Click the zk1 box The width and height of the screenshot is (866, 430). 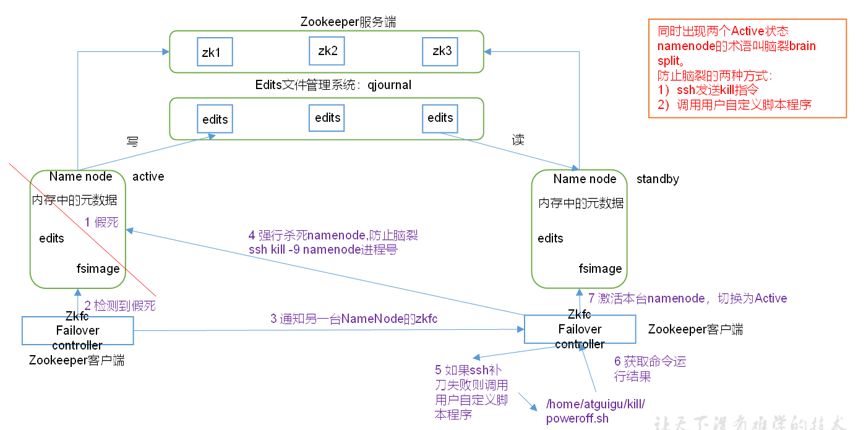[214, 52]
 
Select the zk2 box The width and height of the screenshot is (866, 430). [327, 51]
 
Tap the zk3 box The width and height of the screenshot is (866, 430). [440, 51]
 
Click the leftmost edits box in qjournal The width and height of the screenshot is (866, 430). [215, 119]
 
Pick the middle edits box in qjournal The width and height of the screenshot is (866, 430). [327, 117]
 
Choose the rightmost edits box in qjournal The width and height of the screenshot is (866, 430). [440, 118]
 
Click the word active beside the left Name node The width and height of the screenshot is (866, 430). [148, 176]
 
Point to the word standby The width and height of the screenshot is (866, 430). [658, 179]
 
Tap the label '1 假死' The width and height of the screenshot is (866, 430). [101, 222]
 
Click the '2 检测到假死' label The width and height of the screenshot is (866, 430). [120, 304]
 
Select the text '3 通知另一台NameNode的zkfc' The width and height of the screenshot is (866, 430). [354, 319]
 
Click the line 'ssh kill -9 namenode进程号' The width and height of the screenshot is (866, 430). [322, 250]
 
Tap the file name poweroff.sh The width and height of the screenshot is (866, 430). [577, 418]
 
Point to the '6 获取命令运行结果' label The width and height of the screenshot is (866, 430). [649, 369]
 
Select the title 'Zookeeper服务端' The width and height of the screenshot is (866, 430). [348, 22]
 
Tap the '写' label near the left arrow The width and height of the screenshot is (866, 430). [132, 141]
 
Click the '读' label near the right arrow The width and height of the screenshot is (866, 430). [518, 140]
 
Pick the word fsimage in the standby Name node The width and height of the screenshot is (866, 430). [600, 269]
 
